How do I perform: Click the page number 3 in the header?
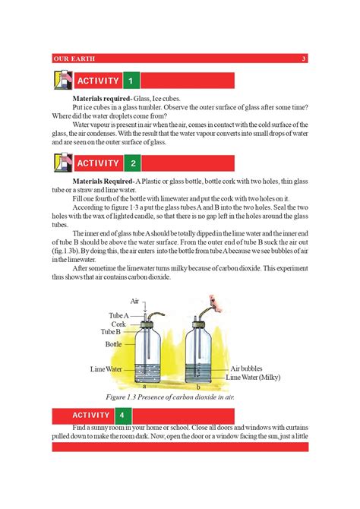point(304,59)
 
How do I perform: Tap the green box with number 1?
point(131,81)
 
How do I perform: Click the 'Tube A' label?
point(118,315)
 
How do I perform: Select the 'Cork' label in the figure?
point(119,324)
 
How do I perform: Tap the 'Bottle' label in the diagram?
point(113,344)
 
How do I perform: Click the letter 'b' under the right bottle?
point(198,387)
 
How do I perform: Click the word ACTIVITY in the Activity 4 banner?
point(91,416)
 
